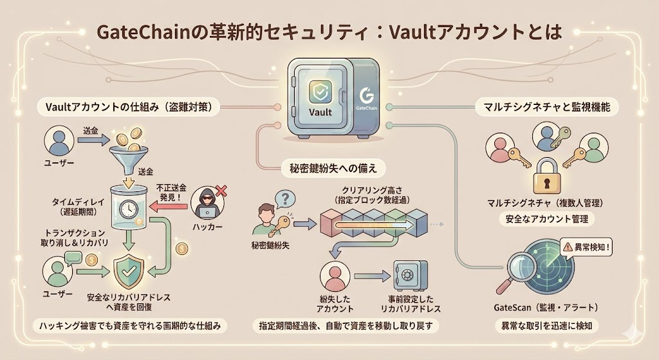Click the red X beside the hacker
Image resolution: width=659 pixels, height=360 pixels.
pyautogui.click(x=221, y=191)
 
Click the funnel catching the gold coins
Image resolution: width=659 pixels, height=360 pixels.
pyautogui.click(x=125, y=157)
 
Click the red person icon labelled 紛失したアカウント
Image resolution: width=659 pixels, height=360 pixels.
pyautogui.click(x=333, y=277)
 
